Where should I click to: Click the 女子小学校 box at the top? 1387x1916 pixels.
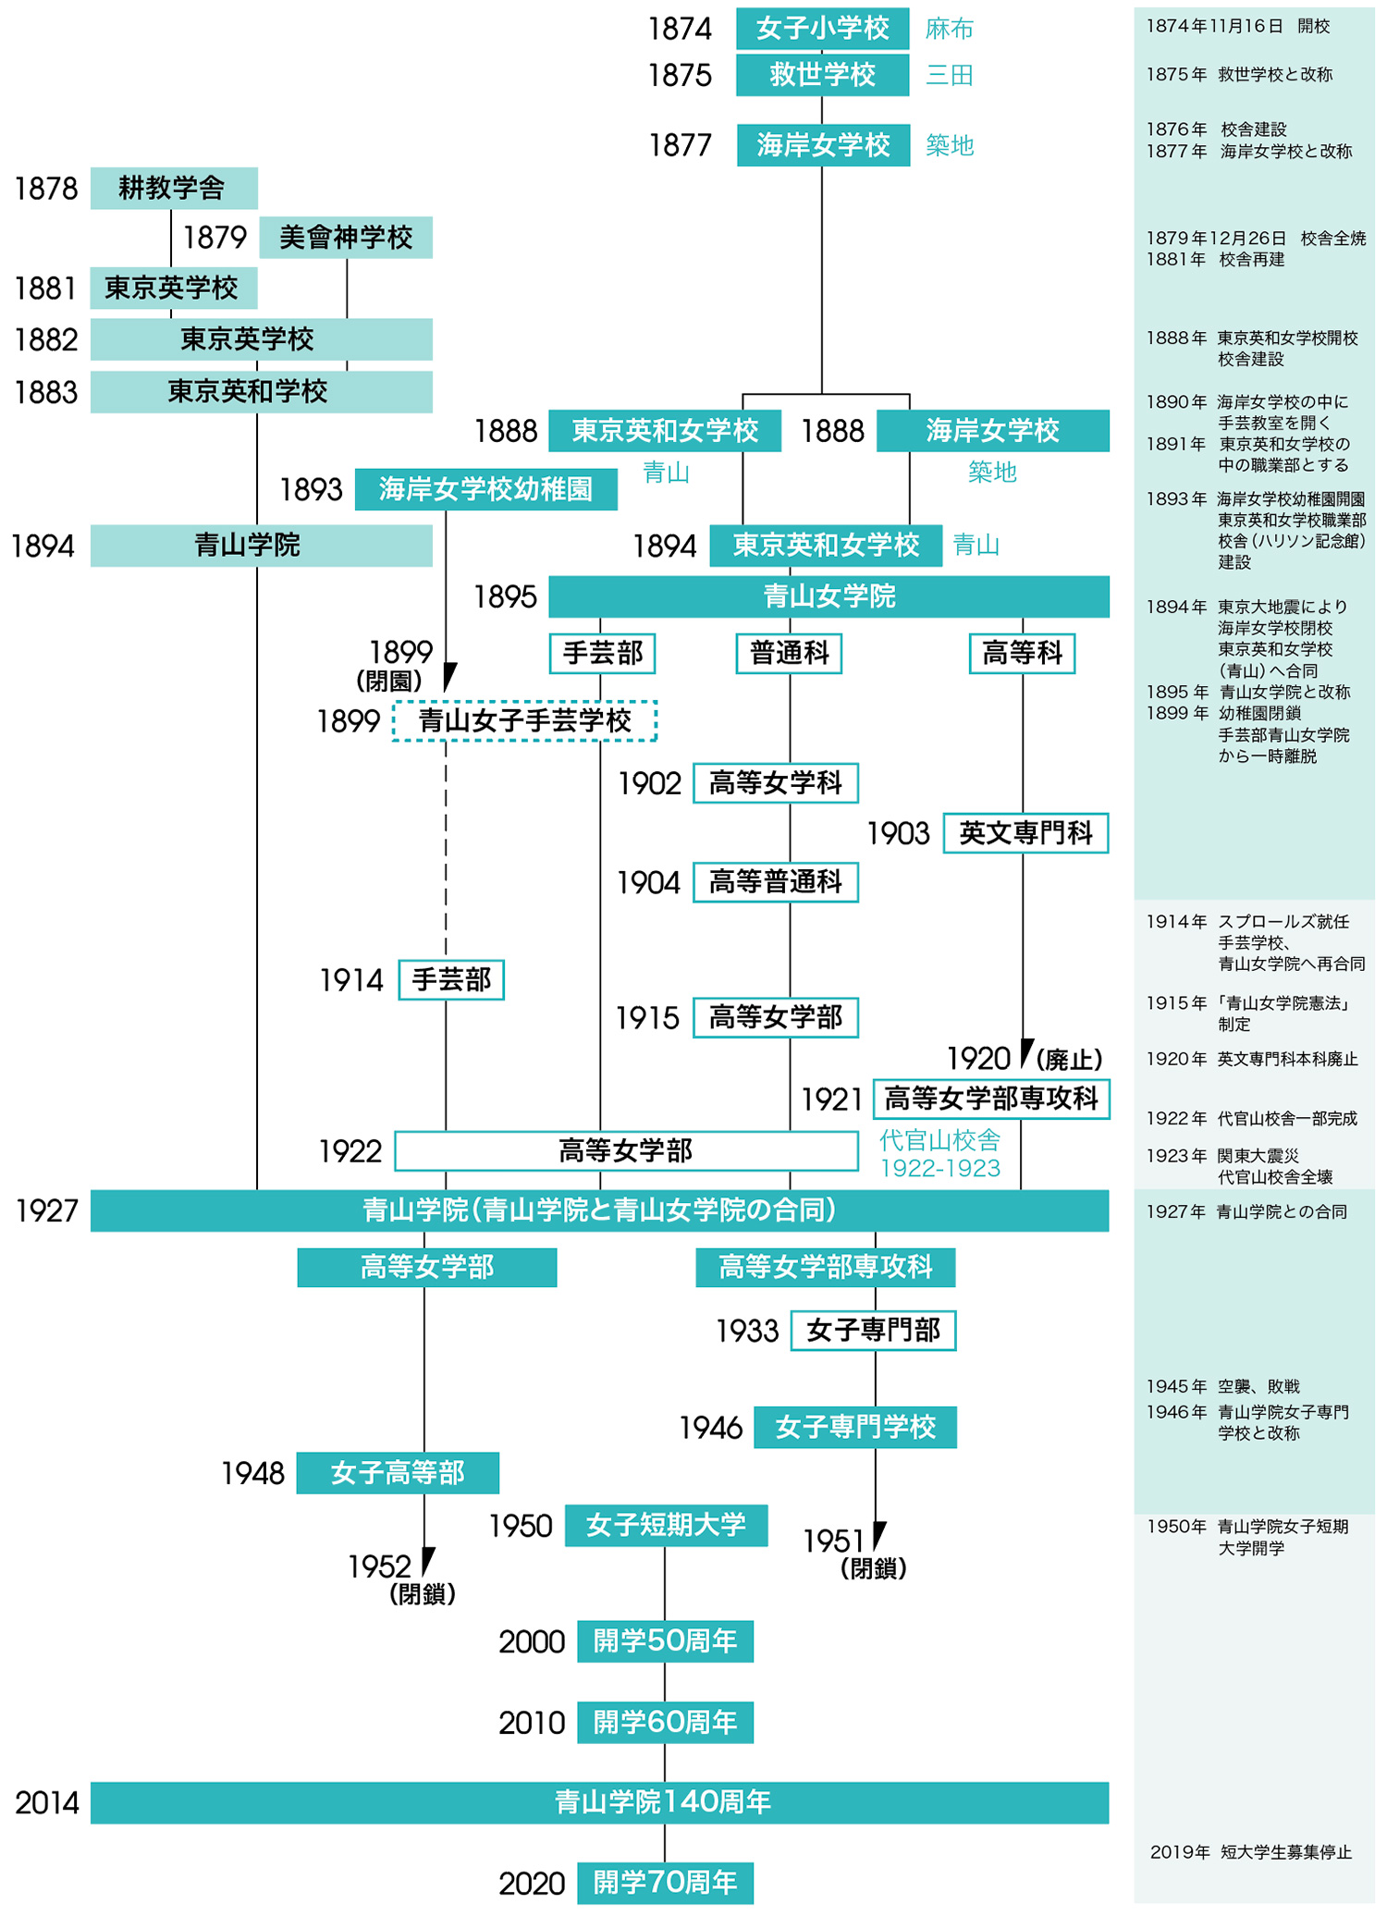(822, 28)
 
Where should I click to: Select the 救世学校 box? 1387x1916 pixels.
(822, 75)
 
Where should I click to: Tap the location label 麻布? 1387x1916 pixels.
(949, 29)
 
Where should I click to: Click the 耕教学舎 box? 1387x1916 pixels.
(173, 189)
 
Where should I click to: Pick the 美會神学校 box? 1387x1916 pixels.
(345, 238)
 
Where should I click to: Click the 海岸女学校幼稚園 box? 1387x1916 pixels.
(485, 489)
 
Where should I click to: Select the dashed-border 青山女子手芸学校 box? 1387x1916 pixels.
(524, 720)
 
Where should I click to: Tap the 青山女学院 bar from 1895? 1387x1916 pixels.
(829, 596)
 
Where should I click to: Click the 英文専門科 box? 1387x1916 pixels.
(1025, 833)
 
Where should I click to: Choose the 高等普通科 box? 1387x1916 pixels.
(775, 882)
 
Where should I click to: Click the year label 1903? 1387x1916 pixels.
(897, 834)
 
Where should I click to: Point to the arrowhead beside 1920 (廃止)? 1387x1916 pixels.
(1025, 1053)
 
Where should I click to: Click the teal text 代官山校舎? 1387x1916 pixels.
(939, 1139)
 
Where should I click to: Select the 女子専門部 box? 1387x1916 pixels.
(873, 1331)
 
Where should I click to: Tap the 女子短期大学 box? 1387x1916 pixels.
(666, 1525)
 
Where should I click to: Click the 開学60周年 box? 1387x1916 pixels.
(665, 1722)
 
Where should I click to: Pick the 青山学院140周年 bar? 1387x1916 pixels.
(599, 1802)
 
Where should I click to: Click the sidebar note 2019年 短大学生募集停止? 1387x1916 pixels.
(1250, 1852)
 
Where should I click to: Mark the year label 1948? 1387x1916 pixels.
(252, 1473)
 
